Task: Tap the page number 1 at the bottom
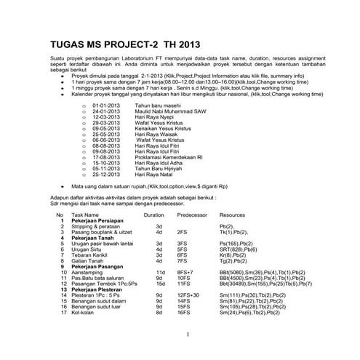(188, 334)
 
